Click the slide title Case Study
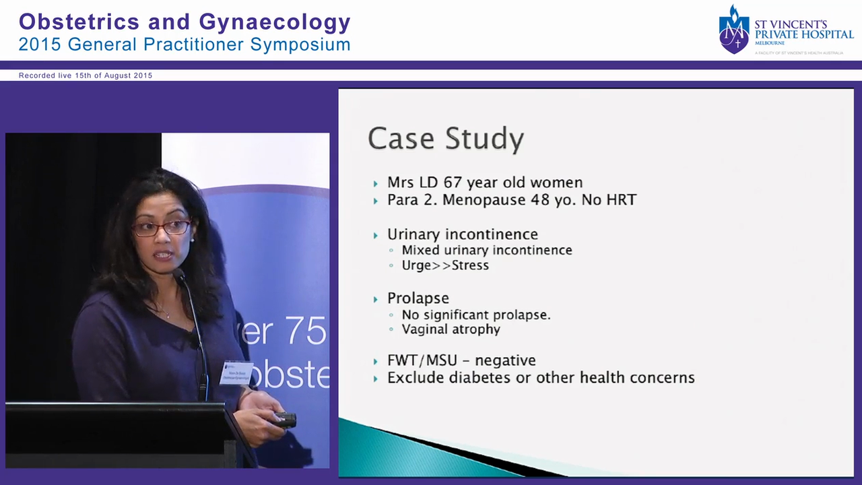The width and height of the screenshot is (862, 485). [x=446, y=139]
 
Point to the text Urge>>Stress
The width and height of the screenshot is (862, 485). [x=445, y=265]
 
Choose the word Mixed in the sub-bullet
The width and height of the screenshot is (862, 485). [x=420, y=250]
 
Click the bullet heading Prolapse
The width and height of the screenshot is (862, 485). [x=418, y=298]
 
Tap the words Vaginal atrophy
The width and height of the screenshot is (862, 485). [x=451, y=329]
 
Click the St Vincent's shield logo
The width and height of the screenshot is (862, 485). [x=733, y=30]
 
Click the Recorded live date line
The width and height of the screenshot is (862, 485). [x=86, y=75]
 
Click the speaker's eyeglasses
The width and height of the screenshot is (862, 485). [x=162, y=228]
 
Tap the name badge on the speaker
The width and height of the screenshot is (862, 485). [x=236, y=373]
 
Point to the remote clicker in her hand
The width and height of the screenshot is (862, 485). [x=286, y=420]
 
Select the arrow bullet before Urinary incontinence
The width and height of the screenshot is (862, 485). [x=376, y=235]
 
